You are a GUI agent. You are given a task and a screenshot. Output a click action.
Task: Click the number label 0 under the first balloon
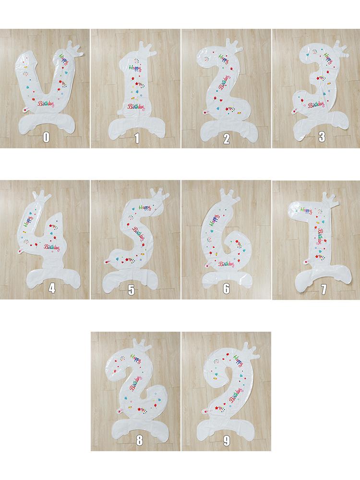(46, 137)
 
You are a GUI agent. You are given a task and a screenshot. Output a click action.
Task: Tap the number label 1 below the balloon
(136, 139)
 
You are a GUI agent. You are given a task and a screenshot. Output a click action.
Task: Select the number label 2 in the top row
(227, 139)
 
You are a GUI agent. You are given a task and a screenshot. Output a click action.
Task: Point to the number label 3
(322, 137)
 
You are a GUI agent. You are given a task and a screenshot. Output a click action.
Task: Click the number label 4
(52, 289)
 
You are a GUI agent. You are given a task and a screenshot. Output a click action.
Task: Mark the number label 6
(227, 289)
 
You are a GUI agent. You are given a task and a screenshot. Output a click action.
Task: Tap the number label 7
(323, 289)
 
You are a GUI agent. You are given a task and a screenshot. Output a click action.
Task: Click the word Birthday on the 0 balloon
(46, 103)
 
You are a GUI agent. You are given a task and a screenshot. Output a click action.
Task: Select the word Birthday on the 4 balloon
(52, 247)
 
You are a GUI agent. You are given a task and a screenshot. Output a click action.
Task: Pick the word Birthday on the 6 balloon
(226, 264)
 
